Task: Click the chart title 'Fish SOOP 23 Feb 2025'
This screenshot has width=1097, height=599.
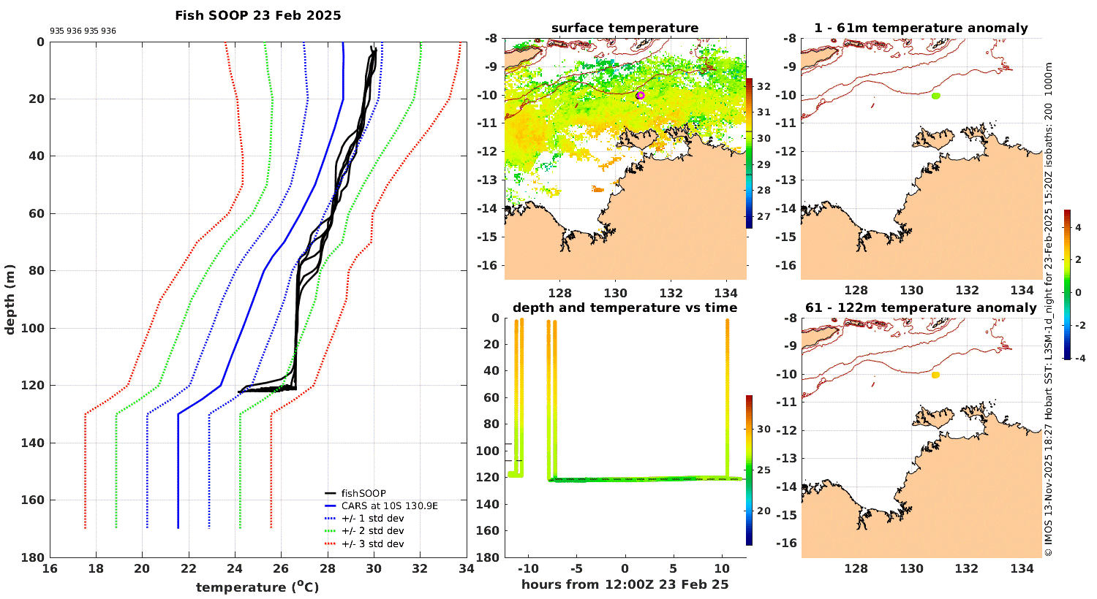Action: click(x=257, y=15)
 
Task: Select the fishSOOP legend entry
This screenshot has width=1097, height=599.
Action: click(x=363, y=493)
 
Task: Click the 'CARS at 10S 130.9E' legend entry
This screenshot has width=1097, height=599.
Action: click(x=389, y=505)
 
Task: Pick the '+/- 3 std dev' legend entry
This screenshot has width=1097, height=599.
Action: click(x=372, y=543)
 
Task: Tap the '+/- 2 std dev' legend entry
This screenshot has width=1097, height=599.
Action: click(x=372, y=531)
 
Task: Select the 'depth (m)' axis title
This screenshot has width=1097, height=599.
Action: click(x=10, y=299)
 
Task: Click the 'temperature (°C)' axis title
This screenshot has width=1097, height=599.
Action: click(x=257, y=587)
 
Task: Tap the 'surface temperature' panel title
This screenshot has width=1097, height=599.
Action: click(x=625, y=28)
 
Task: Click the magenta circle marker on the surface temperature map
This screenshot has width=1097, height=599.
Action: click(x=641, y=95)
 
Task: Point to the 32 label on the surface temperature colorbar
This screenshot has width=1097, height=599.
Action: click(x=764, y=87)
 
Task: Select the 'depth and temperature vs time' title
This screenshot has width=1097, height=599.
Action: click(x=625, y=308)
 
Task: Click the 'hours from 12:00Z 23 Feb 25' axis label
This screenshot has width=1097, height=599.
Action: click(x=625, y=584)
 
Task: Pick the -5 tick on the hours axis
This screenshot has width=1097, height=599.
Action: click(x=576, y=568)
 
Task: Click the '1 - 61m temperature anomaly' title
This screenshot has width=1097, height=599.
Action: click(x=921, y=28)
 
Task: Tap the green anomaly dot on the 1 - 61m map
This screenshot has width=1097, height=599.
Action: click(x=936, y=96)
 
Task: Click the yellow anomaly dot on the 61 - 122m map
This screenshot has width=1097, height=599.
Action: click(x=935, y=375)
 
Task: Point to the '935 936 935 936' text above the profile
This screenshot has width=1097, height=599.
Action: click(x=83, y=31)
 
